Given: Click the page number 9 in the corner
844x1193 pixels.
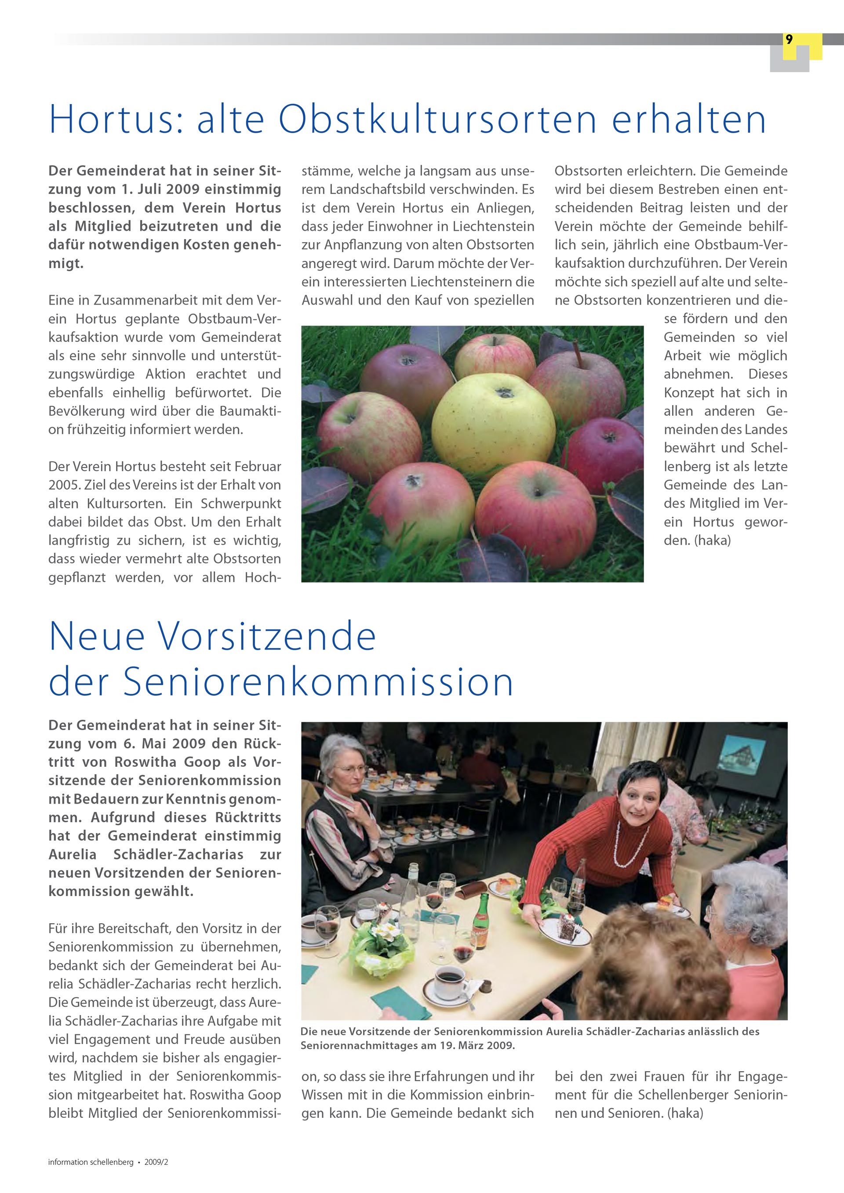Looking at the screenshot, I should pos(789,40).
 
